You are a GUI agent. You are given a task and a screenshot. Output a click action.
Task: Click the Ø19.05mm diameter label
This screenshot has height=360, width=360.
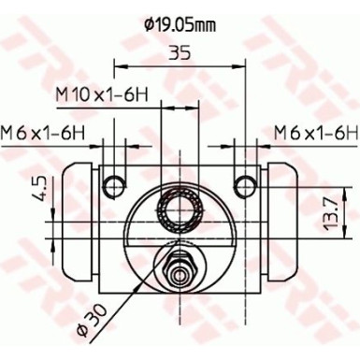[x=180, y=23]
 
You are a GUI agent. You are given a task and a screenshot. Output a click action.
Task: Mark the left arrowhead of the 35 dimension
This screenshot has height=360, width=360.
[x=119, y=66]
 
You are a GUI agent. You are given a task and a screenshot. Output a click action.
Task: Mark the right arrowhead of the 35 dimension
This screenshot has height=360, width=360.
[x=239, y=66]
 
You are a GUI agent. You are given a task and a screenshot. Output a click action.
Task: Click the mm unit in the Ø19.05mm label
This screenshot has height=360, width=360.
[x=205, y=23]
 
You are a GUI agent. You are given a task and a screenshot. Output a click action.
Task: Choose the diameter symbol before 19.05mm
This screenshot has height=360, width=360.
[x=151, y=23]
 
